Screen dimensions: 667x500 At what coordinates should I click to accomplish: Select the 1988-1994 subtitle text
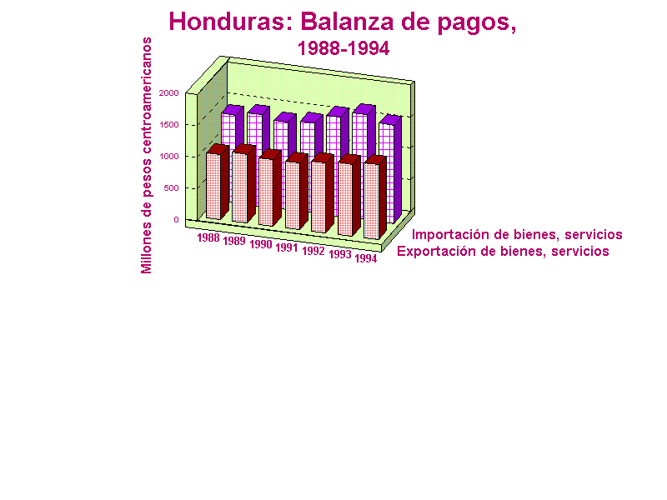click(x=344, y=48)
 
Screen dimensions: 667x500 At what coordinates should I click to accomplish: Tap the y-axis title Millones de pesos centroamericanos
click(x=147, y=155)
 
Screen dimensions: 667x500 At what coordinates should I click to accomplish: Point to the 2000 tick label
click(x=169, y=92)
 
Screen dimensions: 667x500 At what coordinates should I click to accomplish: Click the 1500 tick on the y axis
click(x=169, y=124)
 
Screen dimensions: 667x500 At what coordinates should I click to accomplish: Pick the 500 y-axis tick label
click(x=172, y=188)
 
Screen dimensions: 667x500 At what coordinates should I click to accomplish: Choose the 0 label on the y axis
click(x=176, y=220)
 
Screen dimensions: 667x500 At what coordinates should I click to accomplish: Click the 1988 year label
click(x=208, y=237)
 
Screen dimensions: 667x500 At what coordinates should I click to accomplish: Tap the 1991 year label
click(x=287, y=247)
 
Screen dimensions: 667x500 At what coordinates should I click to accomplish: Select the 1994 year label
click(x=366, y=258)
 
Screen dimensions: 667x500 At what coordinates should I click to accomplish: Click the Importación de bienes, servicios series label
click(x=517, y=235)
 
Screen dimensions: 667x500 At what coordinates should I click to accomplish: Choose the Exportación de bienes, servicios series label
click(x=503, y=252)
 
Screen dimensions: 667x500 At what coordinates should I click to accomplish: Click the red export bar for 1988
click(x=218, y=182)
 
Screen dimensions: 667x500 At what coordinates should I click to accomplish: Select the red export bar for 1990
click(x=269, y=187)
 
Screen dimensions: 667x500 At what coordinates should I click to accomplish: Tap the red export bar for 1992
click(x=322, y=192)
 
